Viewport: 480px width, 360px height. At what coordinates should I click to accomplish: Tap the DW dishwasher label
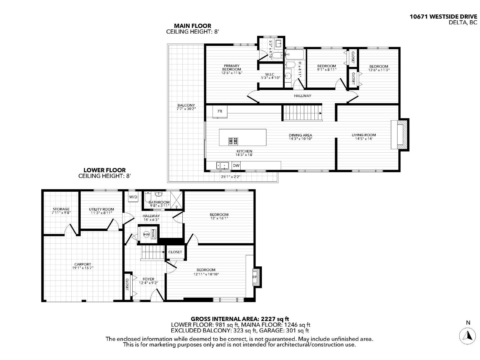(236, 165)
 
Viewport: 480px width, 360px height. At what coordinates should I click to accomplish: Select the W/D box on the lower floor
(133, 197)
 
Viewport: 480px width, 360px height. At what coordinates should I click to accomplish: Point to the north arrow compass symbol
(468, 336)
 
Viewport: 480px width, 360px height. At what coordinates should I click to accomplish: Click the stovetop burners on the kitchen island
(233, 140)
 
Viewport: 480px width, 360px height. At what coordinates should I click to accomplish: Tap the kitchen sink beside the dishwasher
(222, 165)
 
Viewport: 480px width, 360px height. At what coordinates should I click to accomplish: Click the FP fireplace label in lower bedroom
(255, 277)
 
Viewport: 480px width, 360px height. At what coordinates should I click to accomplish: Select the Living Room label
(364, 135)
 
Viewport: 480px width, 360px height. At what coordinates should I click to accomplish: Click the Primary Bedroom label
(232, 67)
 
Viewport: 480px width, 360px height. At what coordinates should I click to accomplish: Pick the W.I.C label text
(270, 74)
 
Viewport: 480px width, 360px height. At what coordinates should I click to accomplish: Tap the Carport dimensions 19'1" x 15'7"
(82, 268)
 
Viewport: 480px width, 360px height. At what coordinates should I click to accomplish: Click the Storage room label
(61, 209)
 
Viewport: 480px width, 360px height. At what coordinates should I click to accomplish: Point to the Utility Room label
(101, 209)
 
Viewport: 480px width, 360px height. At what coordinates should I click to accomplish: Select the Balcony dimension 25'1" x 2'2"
(231, 177)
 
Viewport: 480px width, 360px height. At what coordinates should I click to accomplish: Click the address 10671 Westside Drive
(443, 17)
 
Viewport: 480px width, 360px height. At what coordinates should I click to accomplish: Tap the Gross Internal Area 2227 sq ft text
(240, 319)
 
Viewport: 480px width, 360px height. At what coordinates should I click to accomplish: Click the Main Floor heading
(193, 26)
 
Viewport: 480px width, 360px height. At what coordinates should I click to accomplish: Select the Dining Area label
(300, 135)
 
